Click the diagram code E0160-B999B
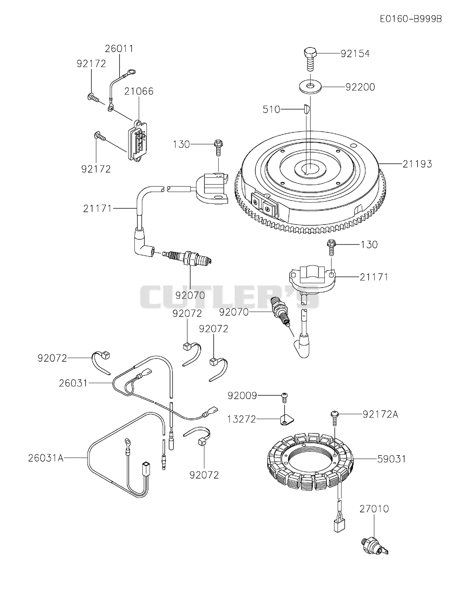pos(411,19)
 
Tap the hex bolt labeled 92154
pos(310,59)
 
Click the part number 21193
pos(417,164)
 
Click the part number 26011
pos(119,49)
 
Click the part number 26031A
pos(46,458)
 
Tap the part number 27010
pos(374,509)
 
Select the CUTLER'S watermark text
pos(230,297)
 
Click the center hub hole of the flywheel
pos(309,168)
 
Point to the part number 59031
pos(392,459)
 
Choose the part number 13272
pos(242,419)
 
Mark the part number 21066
pos(139,91)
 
